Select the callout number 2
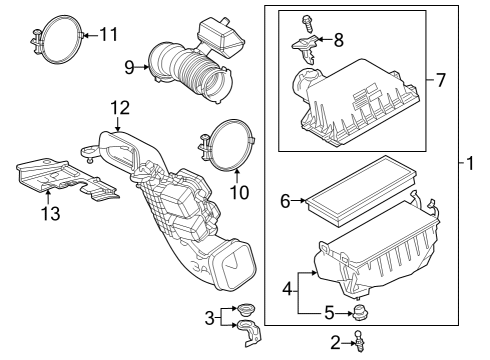337,343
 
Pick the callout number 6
285,201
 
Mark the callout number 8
338,41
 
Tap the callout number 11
108,34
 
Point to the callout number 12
119,106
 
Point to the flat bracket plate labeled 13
60,177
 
